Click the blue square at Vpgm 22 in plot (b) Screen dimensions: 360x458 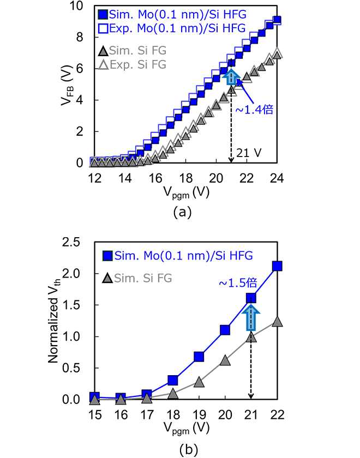tap(277, 266)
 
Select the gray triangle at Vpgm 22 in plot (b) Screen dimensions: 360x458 tap(277, 322)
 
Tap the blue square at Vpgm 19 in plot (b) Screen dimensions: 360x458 tap(199, 357)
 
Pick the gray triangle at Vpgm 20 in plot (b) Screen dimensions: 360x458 tap(225, 360)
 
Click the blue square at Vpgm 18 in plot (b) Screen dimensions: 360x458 tap(173, 380)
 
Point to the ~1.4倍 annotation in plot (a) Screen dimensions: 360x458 tap(254, 110)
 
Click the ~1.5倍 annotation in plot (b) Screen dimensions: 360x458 tap(238, 283)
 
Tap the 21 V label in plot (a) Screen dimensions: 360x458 tap(249, 153)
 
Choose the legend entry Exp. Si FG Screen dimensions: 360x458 tap(133, 64)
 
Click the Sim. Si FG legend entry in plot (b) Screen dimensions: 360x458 tap(137, 278)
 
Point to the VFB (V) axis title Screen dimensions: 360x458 tap(67, 85)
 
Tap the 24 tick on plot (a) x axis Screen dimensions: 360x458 tap(277, 178)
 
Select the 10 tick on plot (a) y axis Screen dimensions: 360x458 tap(76, 6)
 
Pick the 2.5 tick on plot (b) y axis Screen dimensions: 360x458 tap(71, 242)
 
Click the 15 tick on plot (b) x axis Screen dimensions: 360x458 tap(95, 414)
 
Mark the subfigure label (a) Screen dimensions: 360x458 tap(182, 212)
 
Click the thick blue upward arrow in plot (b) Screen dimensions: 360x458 tap(251, 317)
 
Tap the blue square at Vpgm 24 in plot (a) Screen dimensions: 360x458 tap(277, 20)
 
